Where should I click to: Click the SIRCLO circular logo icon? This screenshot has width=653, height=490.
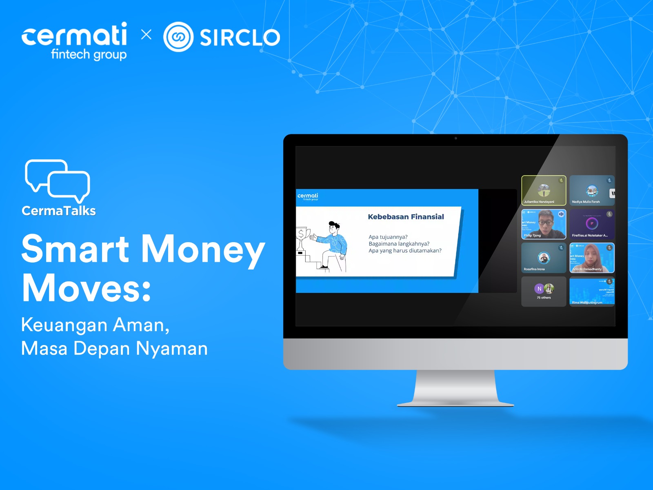tap(178, 37)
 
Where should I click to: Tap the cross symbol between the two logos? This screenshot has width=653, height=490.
tap(146, 34)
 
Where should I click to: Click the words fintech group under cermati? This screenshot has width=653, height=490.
tap(89, 54)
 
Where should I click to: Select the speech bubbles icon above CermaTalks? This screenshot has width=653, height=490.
tap(58, 180)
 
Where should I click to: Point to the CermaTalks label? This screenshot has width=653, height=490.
tap(59, 211)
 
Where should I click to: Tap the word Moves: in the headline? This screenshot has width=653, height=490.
tap(87, 288)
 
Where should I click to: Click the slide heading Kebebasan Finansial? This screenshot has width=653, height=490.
tap(406, 217)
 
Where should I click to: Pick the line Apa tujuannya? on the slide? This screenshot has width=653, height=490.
tap(388, 237)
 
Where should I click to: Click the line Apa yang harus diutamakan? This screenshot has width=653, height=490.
tap(405, 251)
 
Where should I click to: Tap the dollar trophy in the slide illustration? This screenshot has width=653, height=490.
tap(301, 239)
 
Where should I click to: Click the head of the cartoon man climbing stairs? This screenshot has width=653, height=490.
tap(334, 227)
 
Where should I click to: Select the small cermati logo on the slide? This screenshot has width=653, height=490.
tap(308, 196)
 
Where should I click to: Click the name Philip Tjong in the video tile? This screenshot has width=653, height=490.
tap(532, 236)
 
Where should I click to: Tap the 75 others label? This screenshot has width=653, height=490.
tap(544, 298)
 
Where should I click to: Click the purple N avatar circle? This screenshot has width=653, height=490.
tap(539, 289)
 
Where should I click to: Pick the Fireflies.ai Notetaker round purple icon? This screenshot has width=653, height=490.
tap(592, 223)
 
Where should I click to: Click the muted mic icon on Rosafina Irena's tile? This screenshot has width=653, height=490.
tap(561, 248)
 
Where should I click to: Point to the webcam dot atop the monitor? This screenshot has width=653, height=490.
tap(455, 138)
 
